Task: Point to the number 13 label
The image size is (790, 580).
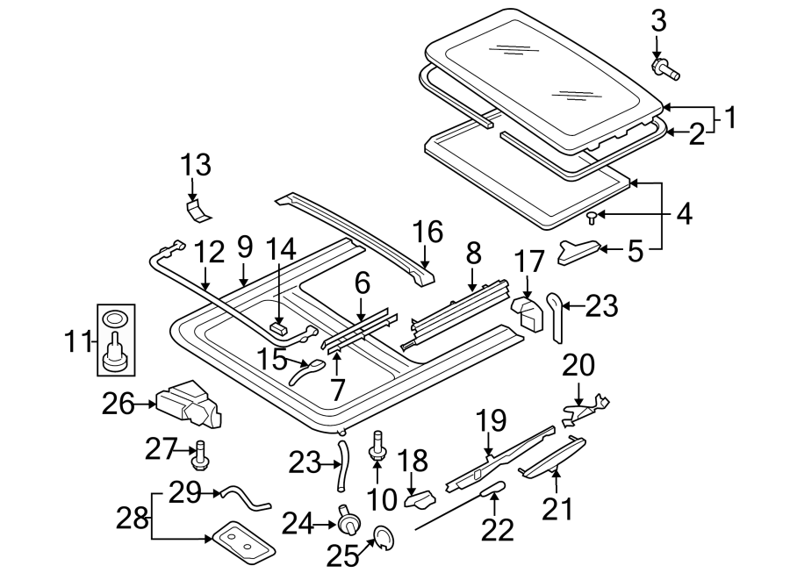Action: coord(197,164)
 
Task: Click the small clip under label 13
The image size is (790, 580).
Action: coord(198,208)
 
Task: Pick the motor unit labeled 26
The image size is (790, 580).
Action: coord(187,405)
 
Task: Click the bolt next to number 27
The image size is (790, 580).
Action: coord(200,455)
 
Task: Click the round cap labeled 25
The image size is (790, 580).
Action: coord(383,537)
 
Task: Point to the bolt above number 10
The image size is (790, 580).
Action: coord(380,445)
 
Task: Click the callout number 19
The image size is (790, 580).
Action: coord(492,420)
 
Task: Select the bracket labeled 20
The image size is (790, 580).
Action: coord(586,403)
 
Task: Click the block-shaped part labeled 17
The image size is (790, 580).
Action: coord(528,311)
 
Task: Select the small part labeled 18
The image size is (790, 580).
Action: coord(419,500)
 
